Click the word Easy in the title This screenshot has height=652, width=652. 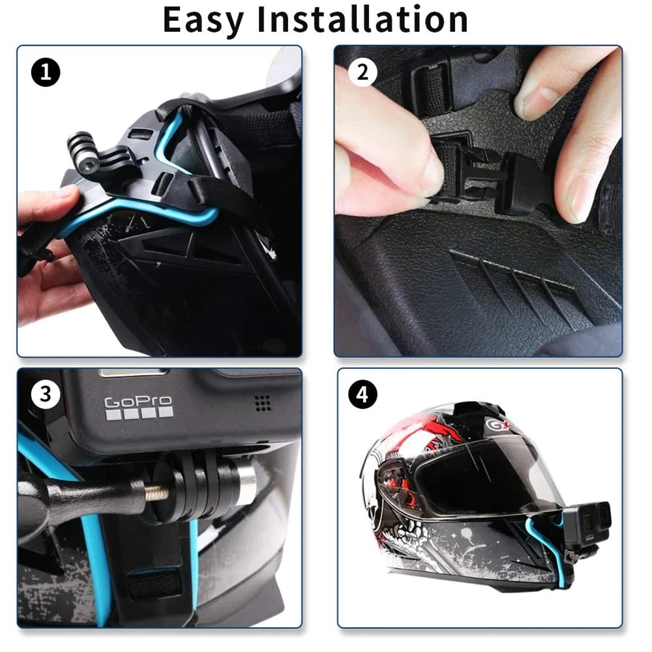(203, 20)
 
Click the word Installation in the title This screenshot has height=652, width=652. (363, 20)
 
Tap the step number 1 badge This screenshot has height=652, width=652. (45, 72)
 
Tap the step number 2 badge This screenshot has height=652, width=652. (363, 72)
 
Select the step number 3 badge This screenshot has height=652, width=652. (45, 394)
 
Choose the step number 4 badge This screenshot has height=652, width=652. (363, 394)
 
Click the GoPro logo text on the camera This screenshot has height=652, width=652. (138, 402)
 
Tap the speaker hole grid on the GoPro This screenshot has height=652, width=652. (263, 402)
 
